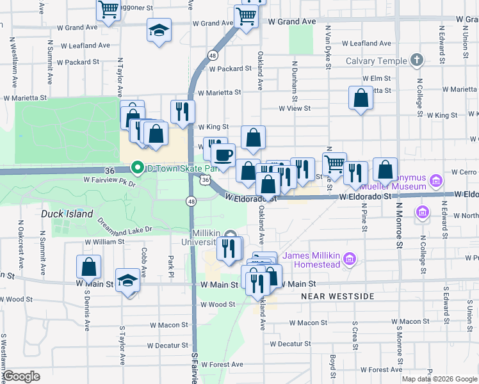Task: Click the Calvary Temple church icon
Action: coord(417,61)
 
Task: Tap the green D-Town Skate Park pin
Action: coord(137,168)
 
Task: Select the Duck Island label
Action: coord(67,214)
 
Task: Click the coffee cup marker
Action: coord(223,155)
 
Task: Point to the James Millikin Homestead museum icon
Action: coord(349,259)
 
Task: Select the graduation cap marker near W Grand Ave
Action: coord(158,30)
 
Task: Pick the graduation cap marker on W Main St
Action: coord(128,281)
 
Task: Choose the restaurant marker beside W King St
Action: coord(183,111)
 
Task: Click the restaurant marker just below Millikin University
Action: coord(229,248)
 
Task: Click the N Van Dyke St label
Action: coord(328,47)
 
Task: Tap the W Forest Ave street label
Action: coord(221,364)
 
